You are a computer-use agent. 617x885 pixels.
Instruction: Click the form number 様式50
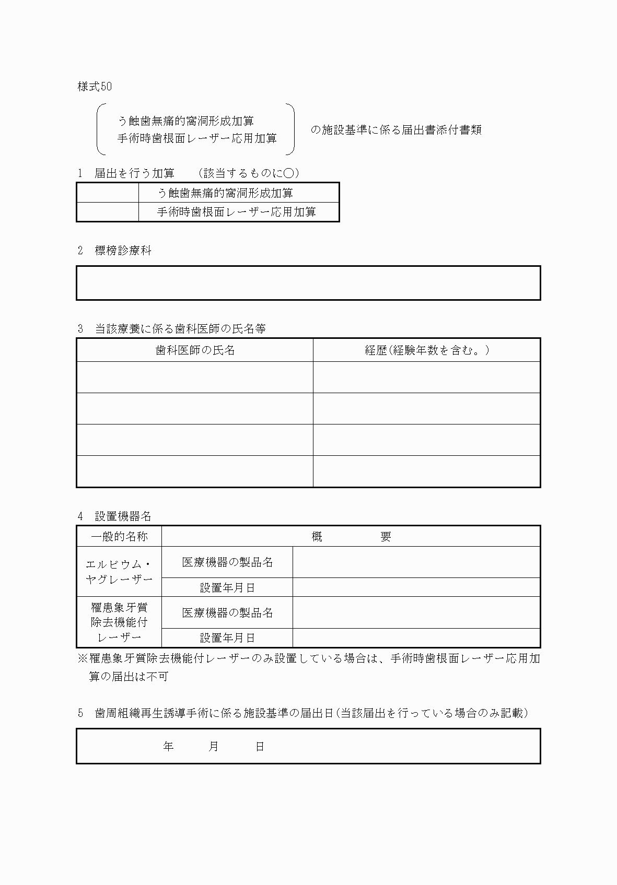click(95, 87)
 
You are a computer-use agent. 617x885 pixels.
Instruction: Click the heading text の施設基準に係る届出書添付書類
click(395, 130)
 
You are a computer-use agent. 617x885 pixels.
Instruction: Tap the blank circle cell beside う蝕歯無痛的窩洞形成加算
click(108, 193)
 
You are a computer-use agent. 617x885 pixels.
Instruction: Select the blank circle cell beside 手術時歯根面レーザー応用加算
click(108, 212)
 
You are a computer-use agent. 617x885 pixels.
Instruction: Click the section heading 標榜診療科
click(123, 251)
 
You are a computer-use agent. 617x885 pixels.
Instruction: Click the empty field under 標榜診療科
click(308, 283)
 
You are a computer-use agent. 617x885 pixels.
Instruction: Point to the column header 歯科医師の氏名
click(195, 350)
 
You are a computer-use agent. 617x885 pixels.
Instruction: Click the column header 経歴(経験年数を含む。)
click(426, 350)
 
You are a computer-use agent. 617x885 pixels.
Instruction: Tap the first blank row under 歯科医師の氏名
click(195, 377)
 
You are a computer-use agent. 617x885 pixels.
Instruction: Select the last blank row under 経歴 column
click(426, 471)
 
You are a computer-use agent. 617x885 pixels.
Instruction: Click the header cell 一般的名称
click(119, 537)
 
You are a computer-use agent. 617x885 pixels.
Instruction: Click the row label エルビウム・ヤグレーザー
click(119, 572)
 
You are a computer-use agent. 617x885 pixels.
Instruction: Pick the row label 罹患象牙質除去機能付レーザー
click(119, 622)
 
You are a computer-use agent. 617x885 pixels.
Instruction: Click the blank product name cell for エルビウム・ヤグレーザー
click(416, 562)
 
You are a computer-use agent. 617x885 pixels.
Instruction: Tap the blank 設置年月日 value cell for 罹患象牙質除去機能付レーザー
click(416, 638)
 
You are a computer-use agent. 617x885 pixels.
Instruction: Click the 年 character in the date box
click(168, 747)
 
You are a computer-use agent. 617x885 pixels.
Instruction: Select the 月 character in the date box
click(214, 747)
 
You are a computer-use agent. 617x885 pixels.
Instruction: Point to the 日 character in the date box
click(260, 747)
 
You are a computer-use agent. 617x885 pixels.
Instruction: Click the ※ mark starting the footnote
click(83, 659)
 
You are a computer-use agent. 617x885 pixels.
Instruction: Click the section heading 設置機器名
click(123, 517)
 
